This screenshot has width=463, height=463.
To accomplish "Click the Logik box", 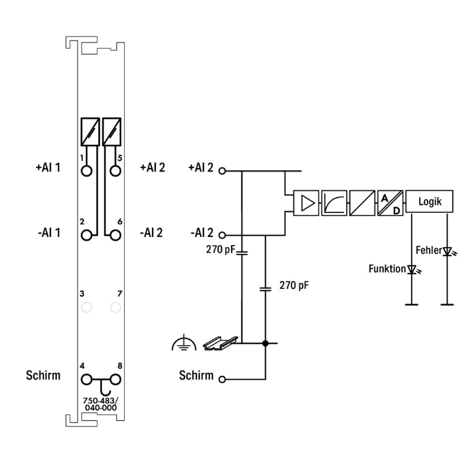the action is tap(429, 201).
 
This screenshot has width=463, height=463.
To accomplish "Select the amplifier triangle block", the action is tap(306, 203).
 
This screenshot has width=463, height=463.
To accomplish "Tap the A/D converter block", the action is tap(390, 203).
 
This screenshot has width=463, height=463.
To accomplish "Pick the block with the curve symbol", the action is tap(334, 203).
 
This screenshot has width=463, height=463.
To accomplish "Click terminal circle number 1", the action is tap(86, 171).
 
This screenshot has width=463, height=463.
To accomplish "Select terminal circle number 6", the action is tap(115, 235).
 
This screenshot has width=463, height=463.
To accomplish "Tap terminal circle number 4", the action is tap(86, 380).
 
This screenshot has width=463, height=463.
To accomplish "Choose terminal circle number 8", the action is tap(115, 380).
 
